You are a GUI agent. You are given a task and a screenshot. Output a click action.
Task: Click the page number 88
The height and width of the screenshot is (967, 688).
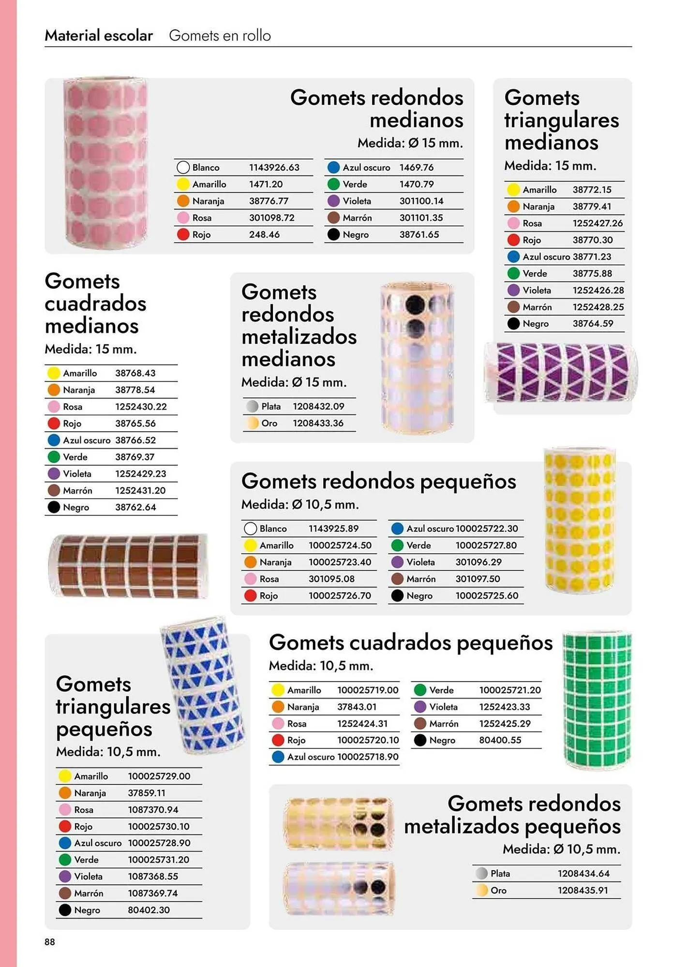tap(50, 941)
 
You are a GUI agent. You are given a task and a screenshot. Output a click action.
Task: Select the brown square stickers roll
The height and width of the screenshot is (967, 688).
tap(129, 565)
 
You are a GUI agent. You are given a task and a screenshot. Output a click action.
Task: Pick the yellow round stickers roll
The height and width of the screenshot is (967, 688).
tap(580, 520)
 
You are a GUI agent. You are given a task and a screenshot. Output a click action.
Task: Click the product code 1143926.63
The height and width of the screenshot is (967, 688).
tap(274, 168)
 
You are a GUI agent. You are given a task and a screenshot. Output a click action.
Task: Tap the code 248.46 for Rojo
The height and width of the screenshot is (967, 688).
tap(264, 235)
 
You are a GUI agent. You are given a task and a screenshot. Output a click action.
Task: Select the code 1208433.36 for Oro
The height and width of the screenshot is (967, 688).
tap(318, 424)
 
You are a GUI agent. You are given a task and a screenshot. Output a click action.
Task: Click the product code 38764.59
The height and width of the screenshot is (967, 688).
tap(593, 324)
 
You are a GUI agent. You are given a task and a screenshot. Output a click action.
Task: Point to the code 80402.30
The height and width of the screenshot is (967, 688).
tap(149, 910)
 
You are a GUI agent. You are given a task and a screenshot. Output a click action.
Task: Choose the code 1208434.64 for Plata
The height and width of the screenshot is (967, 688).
tap(583, 874)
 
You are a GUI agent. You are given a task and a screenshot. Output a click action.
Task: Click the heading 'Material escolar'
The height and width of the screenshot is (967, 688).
tap(99, 36)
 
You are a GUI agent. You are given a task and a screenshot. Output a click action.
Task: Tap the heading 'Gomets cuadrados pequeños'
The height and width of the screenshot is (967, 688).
tap(410, 643)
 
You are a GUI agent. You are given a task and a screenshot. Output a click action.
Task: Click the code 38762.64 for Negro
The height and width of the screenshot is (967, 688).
tap(135, 507)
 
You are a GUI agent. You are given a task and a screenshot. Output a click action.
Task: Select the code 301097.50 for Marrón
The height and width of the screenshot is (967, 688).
tap(478, 579)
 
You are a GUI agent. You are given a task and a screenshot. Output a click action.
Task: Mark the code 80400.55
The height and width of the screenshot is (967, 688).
tap(500, 740)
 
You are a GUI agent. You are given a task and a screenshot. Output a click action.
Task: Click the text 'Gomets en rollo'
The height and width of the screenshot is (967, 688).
tap(220, 36)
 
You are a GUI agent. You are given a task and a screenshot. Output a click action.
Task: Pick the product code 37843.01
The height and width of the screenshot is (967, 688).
tap(357, 707)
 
